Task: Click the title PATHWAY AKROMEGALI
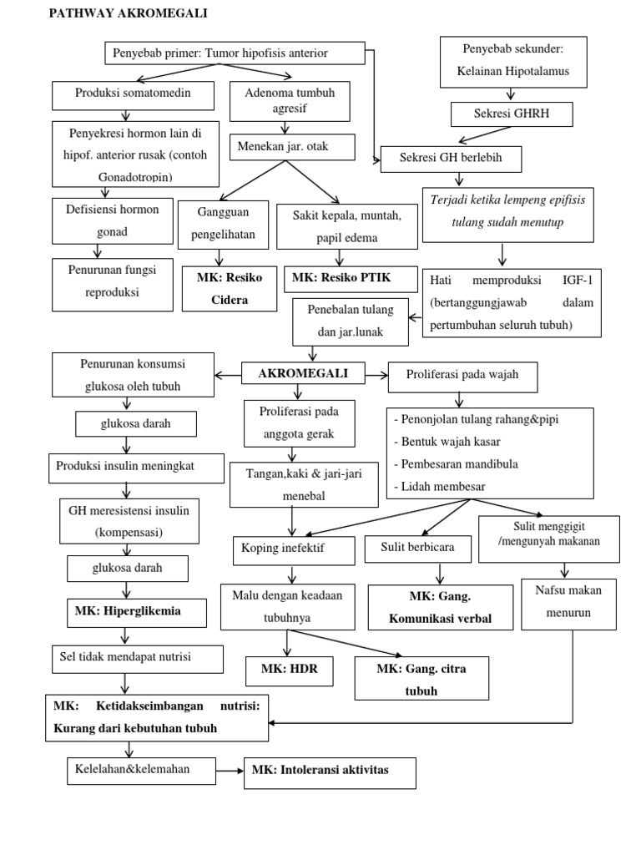coord(129,13)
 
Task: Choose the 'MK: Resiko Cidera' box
coord(230,288)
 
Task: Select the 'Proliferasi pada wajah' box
coord(463,376)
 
